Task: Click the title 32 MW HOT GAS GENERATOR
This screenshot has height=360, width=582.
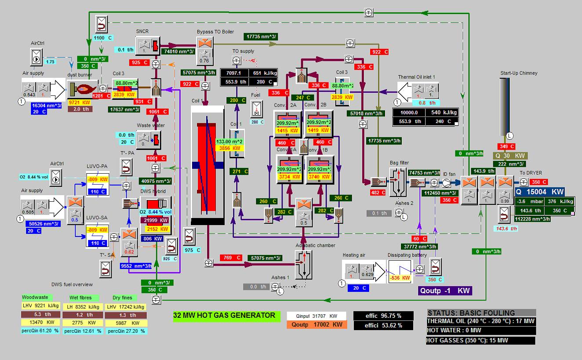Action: (224, 315)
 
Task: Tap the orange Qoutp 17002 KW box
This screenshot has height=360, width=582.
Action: (316, 325)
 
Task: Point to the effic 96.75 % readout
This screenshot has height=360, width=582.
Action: (383, 316)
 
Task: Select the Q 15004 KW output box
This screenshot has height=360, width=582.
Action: (539, 192)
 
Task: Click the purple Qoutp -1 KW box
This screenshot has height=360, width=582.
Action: (445, 291)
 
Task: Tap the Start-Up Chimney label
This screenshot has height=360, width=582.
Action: (519, 73)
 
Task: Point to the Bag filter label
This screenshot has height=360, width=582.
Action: (399, 163)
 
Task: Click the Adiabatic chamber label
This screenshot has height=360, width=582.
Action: (315, 245)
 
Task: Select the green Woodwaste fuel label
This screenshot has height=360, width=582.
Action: (35, 298)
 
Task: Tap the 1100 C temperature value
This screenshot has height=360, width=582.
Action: (103, 38)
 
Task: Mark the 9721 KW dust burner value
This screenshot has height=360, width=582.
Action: (80, 102)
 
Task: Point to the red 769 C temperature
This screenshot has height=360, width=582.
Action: (232, 258)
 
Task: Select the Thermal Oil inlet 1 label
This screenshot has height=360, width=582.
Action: (416, 77)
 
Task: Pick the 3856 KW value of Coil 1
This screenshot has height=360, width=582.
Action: (230, 149)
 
